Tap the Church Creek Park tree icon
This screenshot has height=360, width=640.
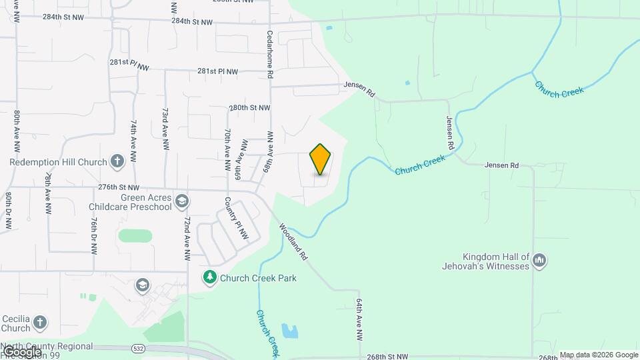click(x=210, y=276)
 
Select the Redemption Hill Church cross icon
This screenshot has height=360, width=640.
click(x=117, y=161)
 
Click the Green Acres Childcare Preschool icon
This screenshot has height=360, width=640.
click(x=181, y=201)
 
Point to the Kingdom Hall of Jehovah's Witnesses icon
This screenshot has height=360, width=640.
click(x=539, y=260)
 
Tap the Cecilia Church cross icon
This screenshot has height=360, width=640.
click(x=40, y=323)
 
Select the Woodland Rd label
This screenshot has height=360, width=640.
click(x=294, y=241)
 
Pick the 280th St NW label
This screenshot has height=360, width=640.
click(x=249, y=107)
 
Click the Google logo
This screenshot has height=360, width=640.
click(x=21, y=352)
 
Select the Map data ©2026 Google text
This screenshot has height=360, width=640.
click(x=598, y=355)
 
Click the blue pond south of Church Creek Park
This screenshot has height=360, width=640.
click(x=290, y=330)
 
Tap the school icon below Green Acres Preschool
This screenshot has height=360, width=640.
click(x=142, y=285)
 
